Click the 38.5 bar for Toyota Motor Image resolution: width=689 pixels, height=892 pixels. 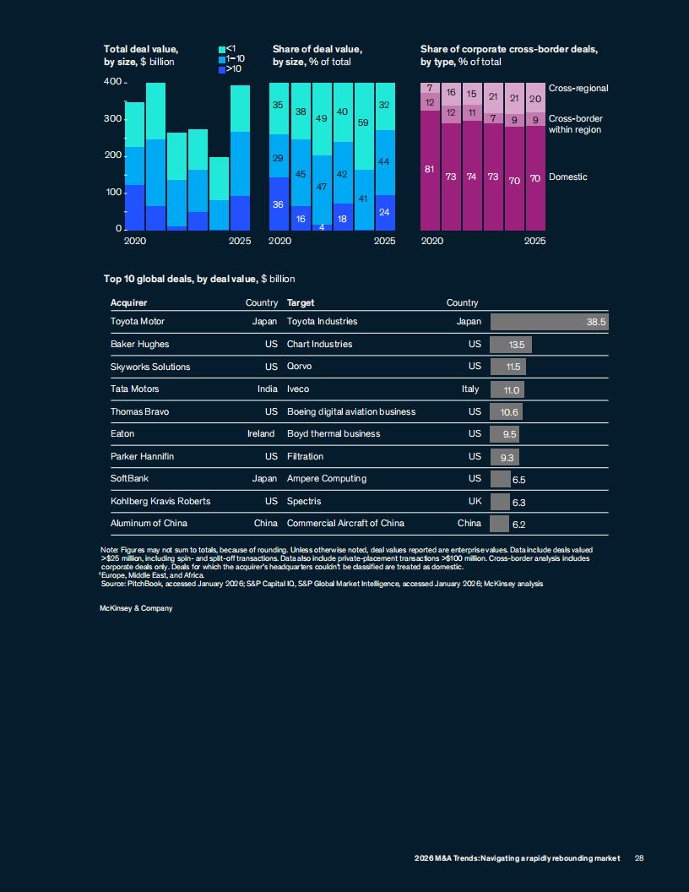550,322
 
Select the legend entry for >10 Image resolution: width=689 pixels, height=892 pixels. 229,69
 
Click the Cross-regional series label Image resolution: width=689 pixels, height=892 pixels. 578,89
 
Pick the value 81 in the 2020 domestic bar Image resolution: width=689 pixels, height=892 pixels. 430,169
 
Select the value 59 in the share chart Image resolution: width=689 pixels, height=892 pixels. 364,122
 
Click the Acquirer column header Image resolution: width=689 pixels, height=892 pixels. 129,302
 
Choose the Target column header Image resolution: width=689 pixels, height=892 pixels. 301,302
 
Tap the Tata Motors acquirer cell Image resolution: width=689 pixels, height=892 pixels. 135,389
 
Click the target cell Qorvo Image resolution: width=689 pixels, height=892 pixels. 298,367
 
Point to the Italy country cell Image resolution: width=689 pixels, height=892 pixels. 470,389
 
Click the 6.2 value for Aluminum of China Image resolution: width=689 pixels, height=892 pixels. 519,525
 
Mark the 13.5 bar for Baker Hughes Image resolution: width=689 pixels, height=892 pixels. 511,345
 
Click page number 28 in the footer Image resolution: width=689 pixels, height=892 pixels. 639,858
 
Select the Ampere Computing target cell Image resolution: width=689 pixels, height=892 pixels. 327,479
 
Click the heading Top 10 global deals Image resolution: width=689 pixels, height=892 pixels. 198,279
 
